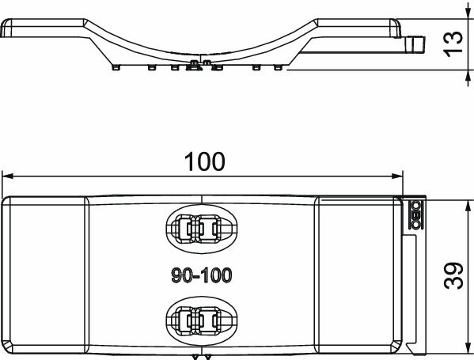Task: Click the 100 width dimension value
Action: [x=205, y=161]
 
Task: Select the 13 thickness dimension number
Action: [x=453, y=41]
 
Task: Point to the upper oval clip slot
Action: [x=201, y=229]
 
